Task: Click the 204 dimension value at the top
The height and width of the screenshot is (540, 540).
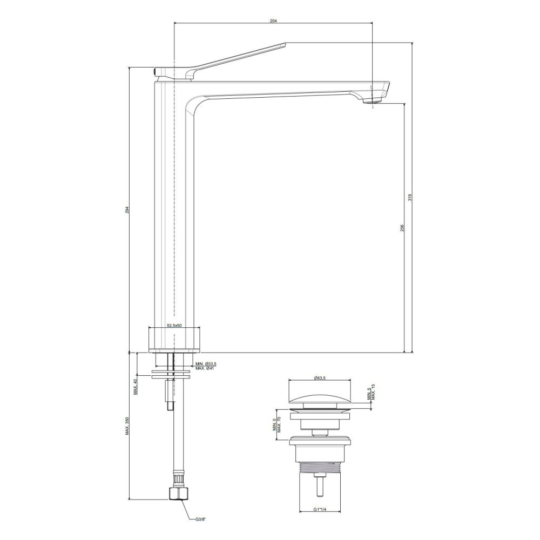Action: click(273, 21)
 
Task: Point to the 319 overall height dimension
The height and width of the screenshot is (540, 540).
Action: click(409, 198)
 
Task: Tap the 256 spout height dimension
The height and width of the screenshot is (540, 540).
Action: click(402, 228)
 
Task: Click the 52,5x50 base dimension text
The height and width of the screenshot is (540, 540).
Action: click(174, 325)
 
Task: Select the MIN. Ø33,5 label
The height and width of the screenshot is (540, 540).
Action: click(206, 364)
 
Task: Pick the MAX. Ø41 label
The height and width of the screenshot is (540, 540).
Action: click(205, 368)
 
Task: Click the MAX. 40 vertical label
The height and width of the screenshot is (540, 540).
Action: click(136, 387)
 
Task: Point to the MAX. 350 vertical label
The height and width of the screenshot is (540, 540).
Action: click(127, 426)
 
